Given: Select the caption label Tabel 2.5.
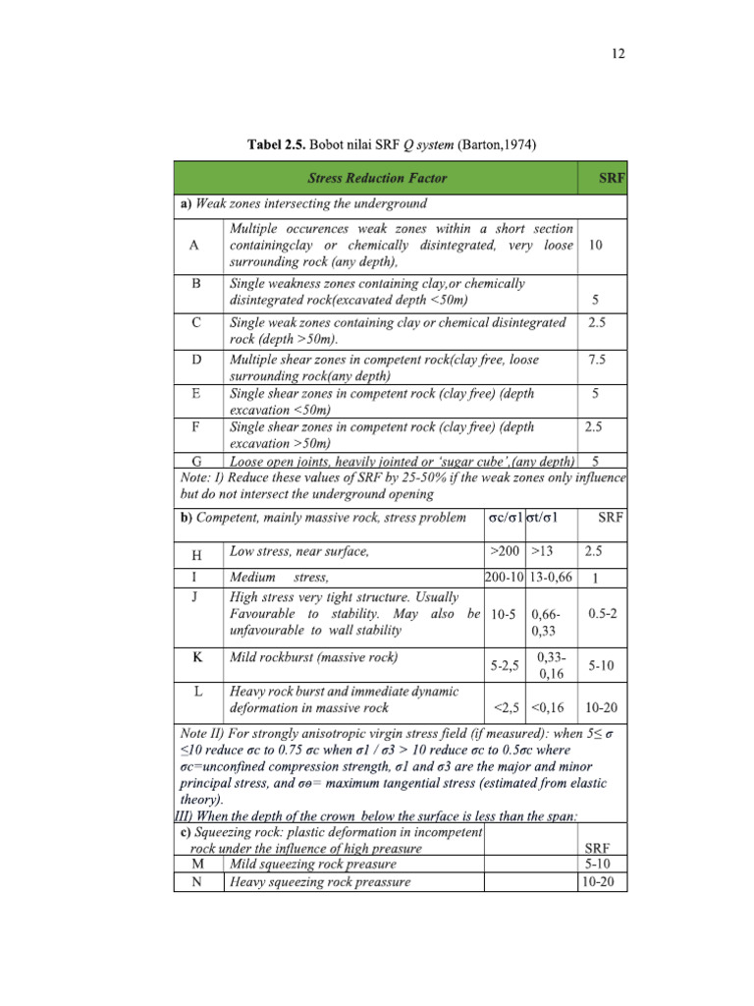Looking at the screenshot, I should (x=276, y=145).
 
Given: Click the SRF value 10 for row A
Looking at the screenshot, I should (x=596, y=246).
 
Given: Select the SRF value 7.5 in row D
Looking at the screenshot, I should (x=596, y=360).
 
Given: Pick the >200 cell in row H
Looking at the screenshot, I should (x=505, y=550).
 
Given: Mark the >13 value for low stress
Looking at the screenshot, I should (x=542, y=550).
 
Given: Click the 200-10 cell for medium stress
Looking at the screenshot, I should (x=505, y=578).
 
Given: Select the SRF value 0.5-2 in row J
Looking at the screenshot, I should (x=602, y=613).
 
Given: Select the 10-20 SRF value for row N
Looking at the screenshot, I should (x=598, y=881).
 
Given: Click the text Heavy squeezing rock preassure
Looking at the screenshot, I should (x=319, y=881).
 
